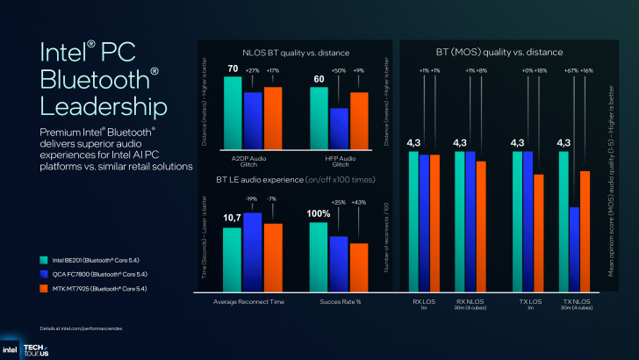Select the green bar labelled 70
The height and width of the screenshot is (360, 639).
233,114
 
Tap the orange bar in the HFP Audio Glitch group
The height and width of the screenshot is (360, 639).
359,122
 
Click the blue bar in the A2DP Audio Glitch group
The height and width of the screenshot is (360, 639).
253,122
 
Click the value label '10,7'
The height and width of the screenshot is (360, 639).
232,217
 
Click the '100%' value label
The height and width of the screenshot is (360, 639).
318,213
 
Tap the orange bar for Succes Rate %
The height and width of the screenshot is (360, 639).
359,261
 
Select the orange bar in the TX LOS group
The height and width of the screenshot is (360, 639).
539,234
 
